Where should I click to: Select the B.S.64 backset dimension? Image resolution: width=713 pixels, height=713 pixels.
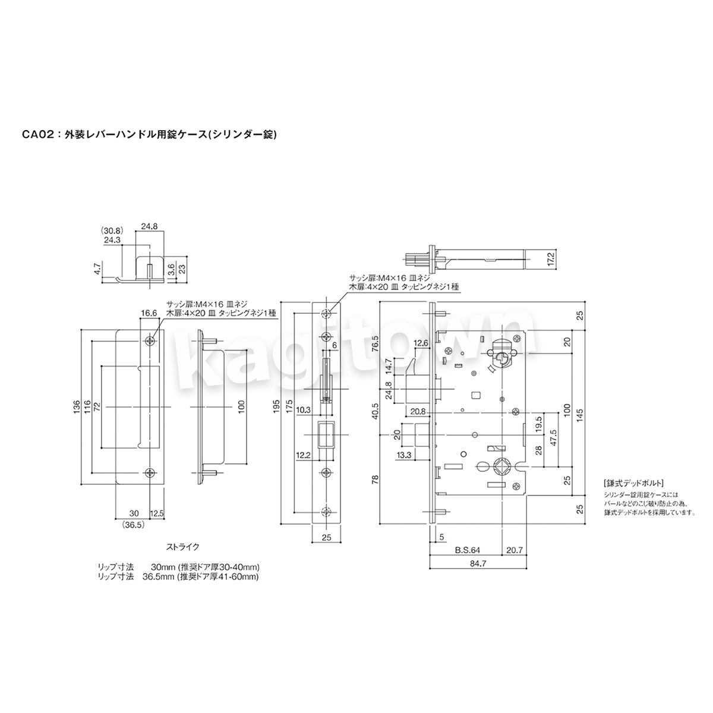(468, 550)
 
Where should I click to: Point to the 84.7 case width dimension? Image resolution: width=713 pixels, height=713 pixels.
(478, 563)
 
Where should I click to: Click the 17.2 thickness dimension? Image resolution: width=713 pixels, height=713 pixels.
(551, 259)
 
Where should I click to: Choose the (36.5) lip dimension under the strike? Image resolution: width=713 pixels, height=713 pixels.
(134, 525)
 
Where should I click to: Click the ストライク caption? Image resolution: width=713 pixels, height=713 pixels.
(183, 547)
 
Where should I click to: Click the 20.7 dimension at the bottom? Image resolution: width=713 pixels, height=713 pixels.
(515, 550)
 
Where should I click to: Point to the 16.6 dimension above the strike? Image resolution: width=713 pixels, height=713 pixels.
(149, 313)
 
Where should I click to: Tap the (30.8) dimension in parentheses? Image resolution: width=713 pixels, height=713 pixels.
(112, 231)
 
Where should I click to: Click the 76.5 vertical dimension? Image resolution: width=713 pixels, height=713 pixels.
(376, 345)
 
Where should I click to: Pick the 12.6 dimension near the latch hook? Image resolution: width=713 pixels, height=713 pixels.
(421, 343)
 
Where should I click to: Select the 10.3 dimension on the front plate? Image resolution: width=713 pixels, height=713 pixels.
(304, 409)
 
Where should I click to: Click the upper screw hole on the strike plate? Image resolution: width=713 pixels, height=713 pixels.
(150, 341)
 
